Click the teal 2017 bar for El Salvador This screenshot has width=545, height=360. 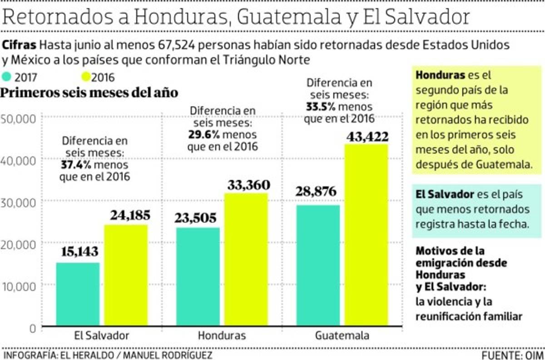(x=78, y=295)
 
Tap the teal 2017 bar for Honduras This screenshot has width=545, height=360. (x=198, y=277)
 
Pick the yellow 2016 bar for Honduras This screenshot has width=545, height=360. (x=246, y=260)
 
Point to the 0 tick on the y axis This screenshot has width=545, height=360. (x=32, y=328)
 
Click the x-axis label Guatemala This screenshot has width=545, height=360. (x=342, y=336)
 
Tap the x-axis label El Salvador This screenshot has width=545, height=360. (x=101, y=336)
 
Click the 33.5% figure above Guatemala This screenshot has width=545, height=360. (x=320, y=107)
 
